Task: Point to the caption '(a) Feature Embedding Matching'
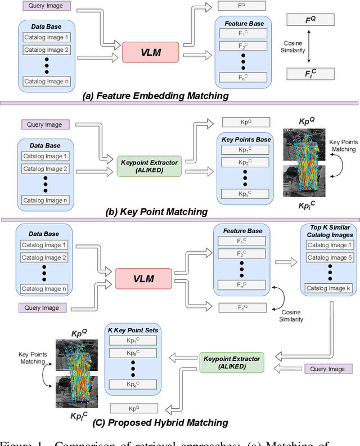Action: (155, 96)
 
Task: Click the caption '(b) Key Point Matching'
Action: (156, 212)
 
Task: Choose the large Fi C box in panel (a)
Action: (310, 73)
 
